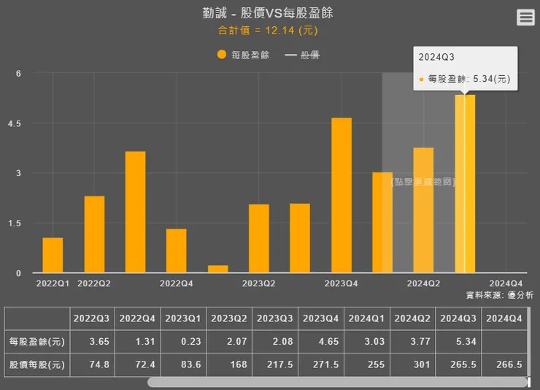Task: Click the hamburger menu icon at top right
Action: tap(525, 18)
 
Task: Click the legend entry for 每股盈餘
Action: tap(243, 55)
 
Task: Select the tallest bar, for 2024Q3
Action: tap(465, 183)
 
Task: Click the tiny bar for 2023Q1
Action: tap(217, 269)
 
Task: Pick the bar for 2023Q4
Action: tap(342, 195)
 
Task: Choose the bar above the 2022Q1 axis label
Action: tap(53, 255)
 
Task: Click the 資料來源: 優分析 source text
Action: tap(499, 295)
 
